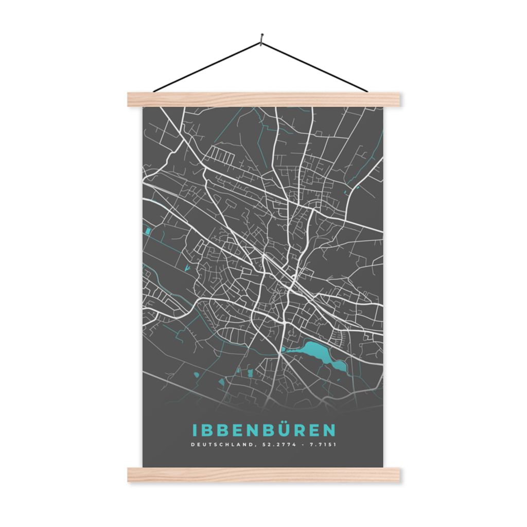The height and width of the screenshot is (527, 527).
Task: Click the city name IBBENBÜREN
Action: pos(263,430)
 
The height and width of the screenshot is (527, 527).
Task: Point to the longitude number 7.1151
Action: pos(322,445)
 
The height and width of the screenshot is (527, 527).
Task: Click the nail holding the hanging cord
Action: pos(262,38)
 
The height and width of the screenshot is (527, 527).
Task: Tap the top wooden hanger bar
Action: pos(263,99)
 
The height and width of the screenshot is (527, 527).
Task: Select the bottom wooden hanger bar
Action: pos(263,475)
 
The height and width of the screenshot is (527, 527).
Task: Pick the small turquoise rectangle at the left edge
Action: pos(148,231)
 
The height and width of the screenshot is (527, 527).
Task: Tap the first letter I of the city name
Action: pos(195,430)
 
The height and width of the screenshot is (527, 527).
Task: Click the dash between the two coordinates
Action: pos(302,445)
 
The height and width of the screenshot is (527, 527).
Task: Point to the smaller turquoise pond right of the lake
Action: pos(339,365)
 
